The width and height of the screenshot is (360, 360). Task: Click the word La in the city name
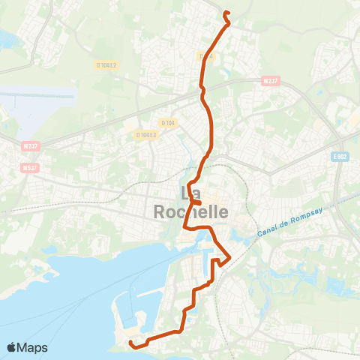pos(191,193)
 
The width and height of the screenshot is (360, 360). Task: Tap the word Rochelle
pos(190,211)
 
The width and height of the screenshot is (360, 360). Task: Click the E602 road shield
pos(342,156)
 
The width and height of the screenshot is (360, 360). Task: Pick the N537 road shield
pos(29,167)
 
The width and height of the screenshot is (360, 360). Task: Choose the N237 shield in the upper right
pos(271,81)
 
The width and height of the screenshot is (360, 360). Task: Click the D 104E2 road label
pos(106,65)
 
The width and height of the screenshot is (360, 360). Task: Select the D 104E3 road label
pos(146,135)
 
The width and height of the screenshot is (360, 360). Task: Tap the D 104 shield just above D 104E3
pos(167,122)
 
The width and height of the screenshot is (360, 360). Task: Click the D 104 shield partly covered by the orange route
pos(207,55)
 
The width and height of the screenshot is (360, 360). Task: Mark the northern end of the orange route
pos(226,12)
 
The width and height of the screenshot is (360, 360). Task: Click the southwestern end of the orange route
pos(130,343)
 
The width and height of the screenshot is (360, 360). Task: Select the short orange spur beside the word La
pos(197,202)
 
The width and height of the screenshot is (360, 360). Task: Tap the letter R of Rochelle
pos(160,211)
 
